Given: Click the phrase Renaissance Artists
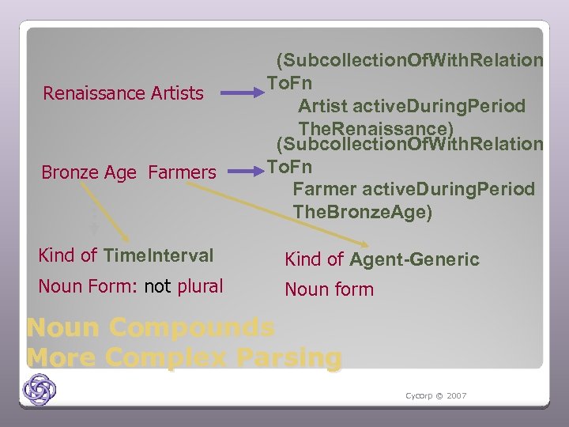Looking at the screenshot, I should point(123,93).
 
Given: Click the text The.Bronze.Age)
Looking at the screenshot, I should point(363,212).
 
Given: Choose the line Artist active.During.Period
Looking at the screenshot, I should point(411,106).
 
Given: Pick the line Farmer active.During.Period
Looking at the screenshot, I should point(413,189).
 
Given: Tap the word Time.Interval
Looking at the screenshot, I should point(158,255).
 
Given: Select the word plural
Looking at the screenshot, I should point(199,286).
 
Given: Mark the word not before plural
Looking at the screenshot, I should point(158,286).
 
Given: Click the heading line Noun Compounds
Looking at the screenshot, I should point(150,327).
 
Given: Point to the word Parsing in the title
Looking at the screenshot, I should point(286,357).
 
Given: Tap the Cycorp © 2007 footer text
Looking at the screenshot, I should point(435,395).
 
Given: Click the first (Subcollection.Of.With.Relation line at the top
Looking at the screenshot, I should point(409,60).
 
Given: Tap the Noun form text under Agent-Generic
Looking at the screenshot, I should point(329,289).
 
